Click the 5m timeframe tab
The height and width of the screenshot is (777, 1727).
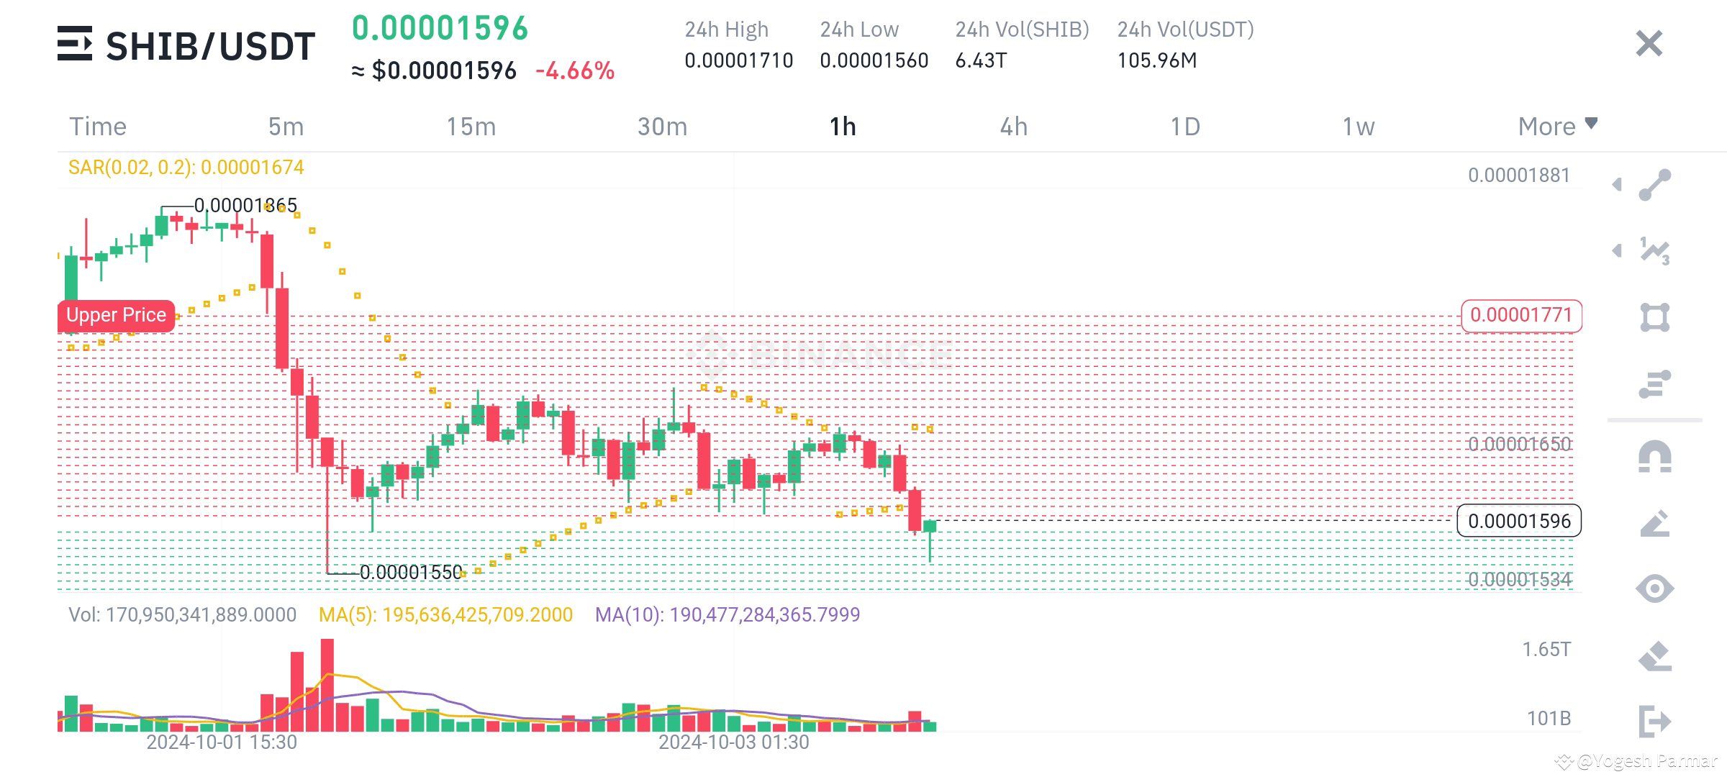pyautogui.click(x=286, y=127)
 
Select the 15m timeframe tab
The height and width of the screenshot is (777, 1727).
pyautogui.click(x=471, y=127)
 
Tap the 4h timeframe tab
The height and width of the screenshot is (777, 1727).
pyautogui.click(x=1013, y=127)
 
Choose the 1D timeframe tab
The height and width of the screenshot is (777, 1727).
pyautogui.click(x=1185, y=127)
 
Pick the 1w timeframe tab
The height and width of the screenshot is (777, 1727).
pyautogui.click(x=1358, y=127)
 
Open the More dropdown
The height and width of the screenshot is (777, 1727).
pyautogui.click(x=1557, y=126)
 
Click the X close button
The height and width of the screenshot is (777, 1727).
pyautogui.click(x=1649, y=44)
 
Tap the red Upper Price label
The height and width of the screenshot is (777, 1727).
pyautogui.click(x=116, y=315)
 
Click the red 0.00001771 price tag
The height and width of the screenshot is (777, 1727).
pyautogui.click(x=1520, y=315)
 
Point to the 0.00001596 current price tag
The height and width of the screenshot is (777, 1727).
pyautogui.click(x=1519, y=521)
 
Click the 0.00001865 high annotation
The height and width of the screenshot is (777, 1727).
pyautogui.click(x=245, y=206)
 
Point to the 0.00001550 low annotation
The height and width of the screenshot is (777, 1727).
pyautogui.click(x=411, y=572)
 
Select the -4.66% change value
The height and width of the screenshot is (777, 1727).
pyautogui.click(x=575, y=71)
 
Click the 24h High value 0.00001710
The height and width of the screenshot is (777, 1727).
pyautogui.click(x=738, y=60)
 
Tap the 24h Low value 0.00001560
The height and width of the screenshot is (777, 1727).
pyautogui.click(x=874, y=60)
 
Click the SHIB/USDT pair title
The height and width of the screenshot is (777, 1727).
pyautogui.click(x=210, y=46)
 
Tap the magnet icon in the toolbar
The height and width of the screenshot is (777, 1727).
pyautogui.click(x=1654, y=456)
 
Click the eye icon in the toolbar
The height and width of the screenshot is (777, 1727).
pyautogui.click(x=1654, y=589)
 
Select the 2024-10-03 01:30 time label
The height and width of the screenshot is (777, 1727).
pyautogui.click(x=733, y=742)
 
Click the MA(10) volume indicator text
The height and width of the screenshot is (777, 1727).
pyautogui.click(x=727, y=614)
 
